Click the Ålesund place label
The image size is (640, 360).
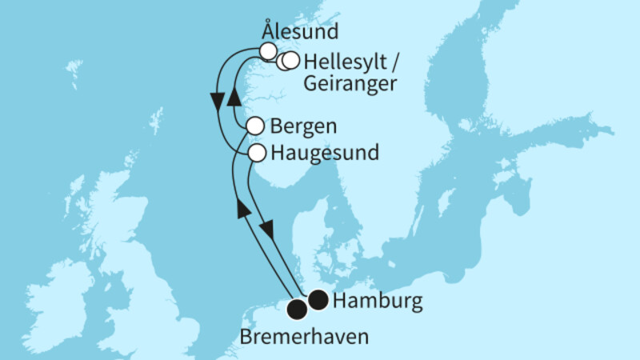click(300, 33)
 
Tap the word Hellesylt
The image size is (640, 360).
click(342, 61)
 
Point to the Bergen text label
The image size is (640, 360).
click(303, 126)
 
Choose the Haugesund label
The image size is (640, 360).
click(324, 152)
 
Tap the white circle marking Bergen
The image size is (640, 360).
click(255, 126)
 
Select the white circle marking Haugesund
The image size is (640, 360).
click(257, 152)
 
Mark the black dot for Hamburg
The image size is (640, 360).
click(318, 300)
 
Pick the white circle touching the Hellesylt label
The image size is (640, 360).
click(291, 61)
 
